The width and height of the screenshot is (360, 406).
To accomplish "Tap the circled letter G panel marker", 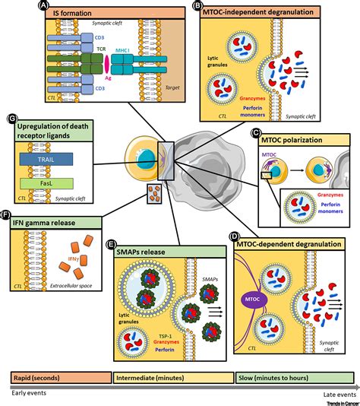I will pos(11,119).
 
